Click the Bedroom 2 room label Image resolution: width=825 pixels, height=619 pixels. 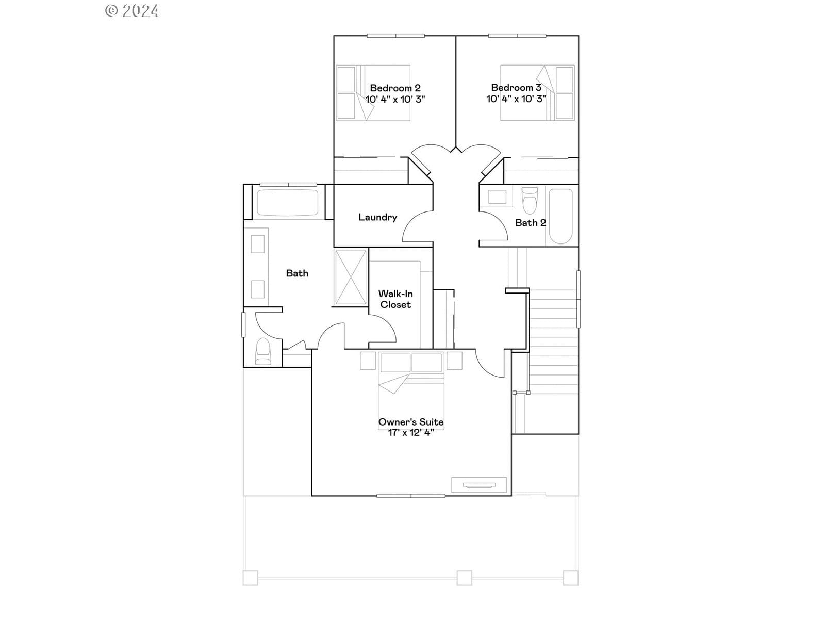[x=395, y=88]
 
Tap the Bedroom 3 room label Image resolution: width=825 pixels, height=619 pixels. [x=516, y=88]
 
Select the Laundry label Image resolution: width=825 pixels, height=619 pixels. [x=377, y=217]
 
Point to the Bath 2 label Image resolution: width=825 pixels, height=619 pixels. [x=531, y=223]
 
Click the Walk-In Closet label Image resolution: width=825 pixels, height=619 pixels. [x=395, y=299]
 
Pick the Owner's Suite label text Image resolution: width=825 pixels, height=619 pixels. [x=411, y=422]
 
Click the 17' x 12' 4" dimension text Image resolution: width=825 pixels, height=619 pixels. [x=411, y=433]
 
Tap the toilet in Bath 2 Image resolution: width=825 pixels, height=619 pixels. [x=530, y=200]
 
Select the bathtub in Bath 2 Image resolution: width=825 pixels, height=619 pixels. [x=561, y=216]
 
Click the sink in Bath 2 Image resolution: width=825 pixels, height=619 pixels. [x=497, y=197]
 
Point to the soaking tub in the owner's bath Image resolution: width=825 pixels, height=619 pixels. [x=288, y=203]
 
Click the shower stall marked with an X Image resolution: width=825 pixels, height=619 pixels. [x=351, y=278]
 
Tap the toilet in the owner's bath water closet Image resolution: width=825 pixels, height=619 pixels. [x=263, y=351]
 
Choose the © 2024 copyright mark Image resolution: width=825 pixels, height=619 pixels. [x=131, y=11]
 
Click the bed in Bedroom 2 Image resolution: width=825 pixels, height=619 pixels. [x=373, y=93]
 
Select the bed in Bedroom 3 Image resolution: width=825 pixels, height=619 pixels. [x=537, y=93]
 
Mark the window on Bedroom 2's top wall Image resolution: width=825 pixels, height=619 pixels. [x=396, y=36]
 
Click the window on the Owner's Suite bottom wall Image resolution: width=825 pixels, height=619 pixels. [x=411, y=496]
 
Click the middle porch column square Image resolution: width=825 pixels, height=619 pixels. [x=464, y=578]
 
